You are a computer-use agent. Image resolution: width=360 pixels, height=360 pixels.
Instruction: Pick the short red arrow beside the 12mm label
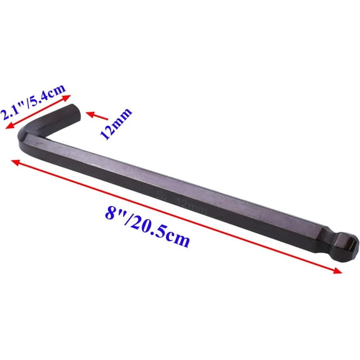click(94, 116)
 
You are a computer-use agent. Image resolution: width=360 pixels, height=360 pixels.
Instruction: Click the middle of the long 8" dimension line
click(176, 215)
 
